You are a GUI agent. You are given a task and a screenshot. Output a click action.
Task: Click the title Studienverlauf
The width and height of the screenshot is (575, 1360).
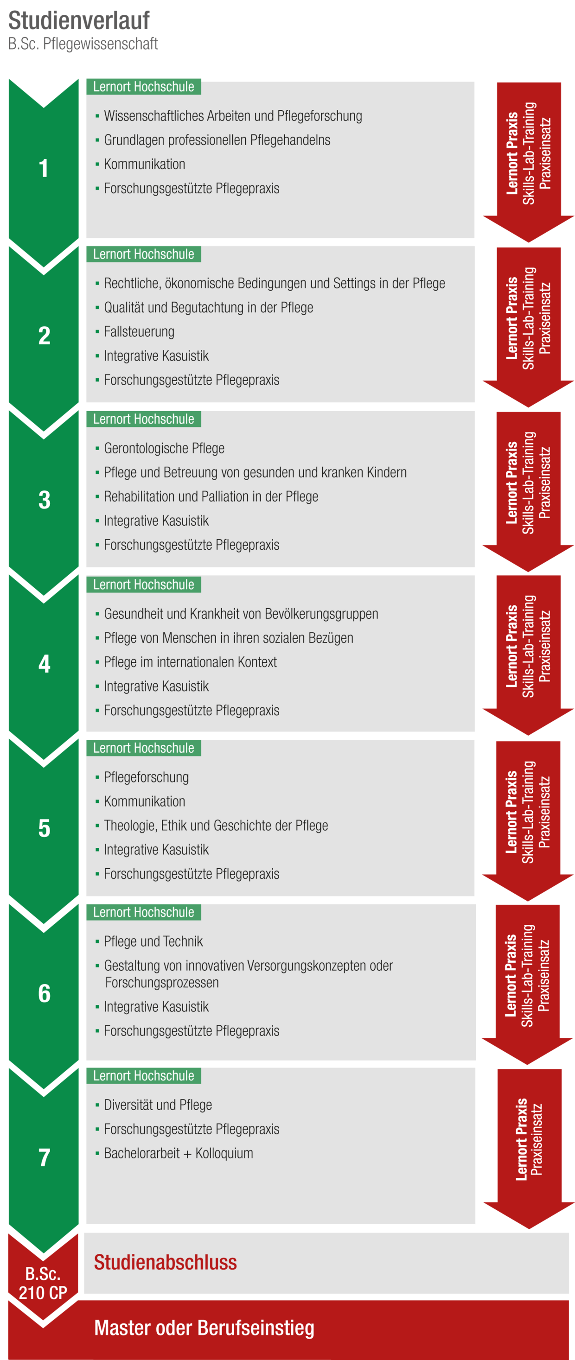[79, 20]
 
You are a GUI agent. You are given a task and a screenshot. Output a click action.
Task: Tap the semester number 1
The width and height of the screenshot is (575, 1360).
[44, 169]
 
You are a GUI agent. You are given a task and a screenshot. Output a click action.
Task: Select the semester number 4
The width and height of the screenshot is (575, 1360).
[45, 664]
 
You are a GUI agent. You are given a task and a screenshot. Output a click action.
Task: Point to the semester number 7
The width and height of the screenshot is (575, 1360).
[45, 1157]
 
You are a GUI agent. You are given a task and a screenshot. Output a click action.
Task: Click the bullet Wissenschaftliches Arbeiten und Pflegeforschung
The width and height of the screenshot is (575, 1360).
[233, 116]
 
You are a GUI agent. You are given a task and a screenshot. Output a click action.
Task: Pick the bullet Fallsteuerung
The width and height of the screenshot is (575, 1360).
[139, 331]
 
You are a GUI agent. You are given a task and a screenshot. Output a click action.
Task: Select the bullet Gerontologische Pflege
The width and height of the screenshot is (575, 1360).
[164, 448]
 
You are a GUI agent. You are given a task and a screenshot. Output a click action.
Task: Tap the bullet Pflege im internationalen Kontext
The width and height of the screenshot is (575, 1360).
[190, 662]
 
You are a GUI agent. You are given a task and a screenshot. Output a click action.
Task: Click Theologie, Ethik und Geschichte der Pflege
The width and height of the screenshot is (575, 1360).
[216, 825]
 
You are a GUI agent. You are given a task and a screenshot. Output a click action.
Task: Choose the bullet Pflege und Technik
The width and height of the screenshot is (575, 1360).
[153, 941]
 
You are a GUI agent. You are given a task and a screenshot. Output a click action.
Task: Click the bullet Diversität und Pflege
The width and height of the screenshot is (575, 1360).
[158, 1105]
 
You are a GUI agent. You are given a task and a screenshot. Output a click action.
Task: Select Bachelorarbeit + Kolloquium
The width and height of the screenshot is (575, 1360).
[179, 1153]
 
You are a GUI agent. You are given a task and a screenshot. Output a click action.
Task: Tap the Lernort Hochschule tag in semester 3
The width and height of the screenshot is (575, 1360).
[144, 419]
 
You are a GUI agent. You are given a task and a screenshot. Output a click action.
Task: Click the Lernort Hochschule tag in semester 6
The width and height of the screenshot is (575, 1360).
[144, 912]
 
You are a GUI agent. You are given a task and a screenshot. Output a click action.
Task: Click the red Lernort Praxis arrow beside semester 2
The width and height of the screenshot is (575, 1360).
[529, 322]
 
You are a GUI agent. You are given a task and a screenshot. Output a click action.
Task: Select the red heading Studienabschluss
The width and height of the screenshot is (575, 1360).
[165, 1262]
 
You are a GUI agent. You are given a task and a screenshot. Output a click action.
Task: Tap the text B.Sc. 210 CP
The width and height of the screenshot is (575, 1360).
[43, 1284]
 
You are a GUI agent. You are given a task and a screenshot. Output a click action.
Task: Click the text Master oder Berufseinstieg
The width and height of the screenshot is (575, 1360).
[204, 1328]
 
